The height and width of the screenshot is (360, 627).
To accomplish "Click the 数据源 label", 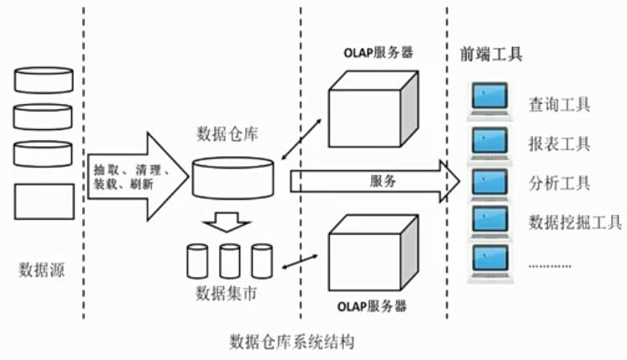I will coord(42,270).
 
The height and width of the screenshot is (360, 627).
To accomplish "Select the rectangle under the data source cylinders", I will coord(43,201).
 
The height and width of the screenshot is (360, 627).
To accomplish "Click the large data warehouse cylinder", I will coord(233,175).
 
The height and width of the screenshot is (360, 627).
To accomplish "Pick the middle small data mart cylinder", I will coord(229,261).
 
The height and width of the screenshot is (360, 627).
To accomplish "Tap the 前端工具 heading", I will coord(491,55).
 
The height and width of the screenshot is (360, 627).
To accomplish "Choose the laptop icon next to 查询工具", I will coord(489,100).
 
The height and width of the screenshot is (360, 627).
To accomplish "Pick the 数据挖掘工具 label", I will coord(575,222).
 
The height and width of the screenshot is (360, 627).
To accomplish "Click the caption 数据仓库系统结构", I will coord(293,343).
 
